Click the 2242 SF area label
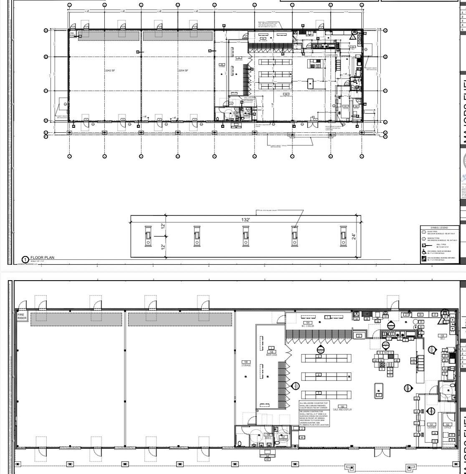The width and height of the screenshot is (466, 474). tap(110, 71)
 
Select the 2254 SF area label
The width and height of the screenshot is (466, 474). tap(183, 71)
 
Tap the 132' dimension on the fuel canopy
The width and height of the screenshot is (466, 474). tap(246, 220)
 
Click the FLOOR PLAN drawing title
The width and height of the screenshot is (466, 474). tap(42, 258)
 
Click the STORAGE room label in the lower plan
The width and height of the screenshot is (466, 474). tap(246, 364)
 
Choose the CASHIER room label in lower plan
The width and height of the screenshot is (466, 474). tap(432, 426)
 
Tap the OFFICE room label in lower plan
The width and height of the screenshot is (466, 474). tap(447, 426)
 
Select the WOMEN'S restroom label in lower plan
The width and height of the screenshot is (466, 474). tap(283, 439)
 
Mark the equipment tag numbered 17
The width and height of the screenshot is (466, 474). tap(379, 395)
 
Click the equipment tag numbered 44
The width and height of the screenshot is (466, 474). tap(302, 437)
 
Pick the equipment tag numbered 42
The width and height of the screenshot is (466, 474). tap(268, 459)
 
